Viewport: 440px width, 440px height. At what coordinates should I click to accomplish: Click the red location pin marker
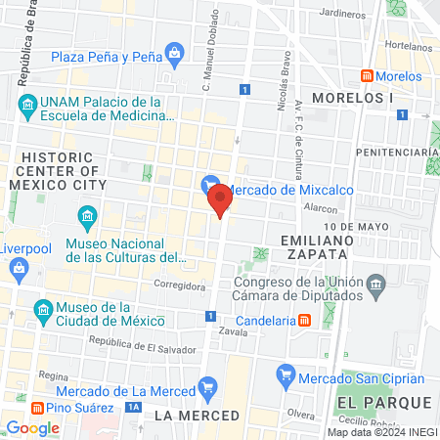click(221, 199)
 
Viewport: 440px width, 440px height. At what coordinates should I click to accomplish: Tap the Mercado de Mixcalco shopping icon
click(209, 183)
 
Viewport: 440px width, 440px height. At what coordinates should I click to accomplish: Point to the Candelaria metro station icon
click(305, 320)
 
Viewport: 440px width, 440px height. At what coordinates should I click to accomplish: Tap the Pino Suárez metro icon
click(37, 407)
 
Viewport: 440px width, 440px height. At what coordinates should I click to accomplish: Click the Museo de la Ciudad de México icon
click(42, 312)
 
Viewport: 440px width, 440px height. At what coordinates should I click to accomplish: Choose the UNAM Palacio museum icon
click(27, 104)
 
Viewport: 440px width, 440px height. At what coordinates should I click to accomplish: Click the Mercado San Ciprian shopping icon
click(286, 372)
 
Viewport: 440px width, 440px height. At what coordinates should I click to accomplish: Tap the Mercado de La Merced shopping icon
click(206, 387)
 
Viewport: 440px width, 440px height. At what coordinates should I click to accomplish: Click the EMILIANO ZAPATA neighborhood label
click(314, 245)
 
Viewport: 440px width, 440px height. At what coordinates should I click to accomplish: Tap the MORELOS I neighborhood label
click(353, 99)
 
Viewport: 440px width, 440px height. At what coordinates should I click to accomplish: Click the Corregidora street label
click(182, 286)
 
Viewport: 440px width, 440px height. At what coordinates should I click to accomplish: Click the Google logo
click(32, 427)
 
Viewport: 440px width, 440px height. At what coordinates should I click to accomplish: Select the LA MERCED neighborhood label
click(197, 416)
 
